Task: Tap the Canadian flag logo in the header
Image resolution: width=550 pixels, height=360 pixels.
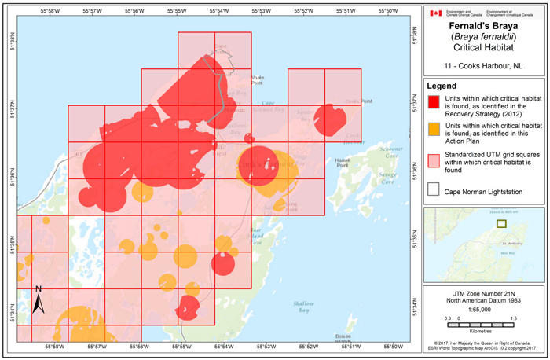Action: point(435,13)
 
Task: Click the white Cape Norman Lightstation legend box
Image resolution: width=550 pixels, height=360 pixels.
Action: point(434,189)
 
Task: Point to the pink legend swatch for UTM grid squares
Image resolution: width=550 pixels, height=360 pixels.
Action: point(434,160)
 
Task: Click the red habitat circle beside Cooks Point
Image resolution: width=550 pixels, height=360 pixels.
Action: point(330,120)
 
